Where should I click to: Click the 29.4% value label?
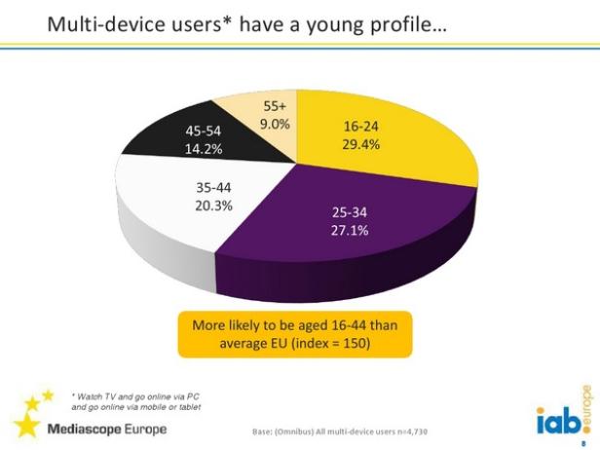(361, 144)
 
